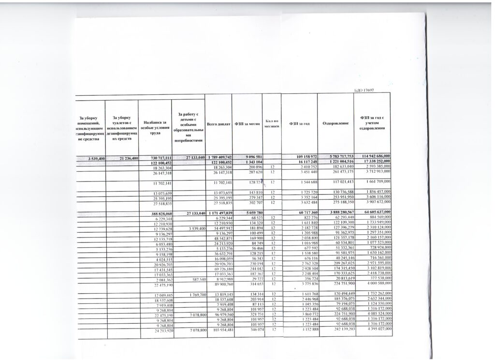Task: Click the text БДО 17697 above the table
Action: [x=364, y=90]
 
